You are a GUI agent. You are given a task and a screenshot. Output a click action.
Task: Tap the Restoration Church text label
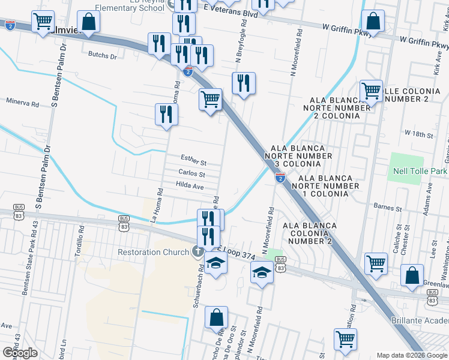click(x=153, y=252)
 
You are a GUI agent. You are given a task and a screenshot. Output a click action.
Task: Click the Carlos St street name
click(x=191, y=174)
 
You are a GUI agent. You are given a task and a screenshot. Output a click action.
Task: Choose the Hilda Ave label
click(x=190, y=187)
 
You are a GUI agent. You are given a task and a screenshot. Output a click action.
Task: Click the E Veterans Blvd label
click(x=231, y=13)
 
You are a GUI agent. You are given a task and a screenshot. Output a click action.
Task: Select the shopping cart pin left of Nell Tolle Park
click(x=372, y=91)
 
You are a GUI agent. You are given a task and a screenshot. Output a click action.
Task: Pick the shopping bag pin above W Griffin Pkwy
click(x=373, y=21)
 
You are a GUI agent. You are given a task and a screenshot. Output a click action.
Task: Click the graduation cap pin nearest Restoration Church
click(x=215, y=263)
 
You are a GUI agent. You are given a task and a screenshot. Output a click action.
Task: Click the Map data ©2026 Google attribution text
click(x=411, y=355)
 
